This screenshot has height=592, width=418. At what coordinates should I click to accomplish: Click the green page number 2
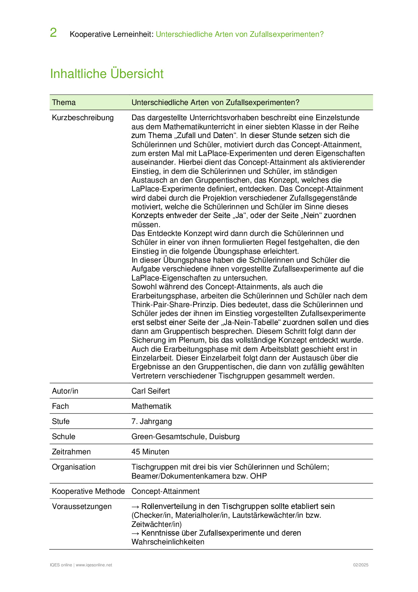coord(53,33)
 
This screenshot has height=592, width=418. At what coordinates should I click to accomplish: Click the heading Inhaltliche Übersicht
coord(107,74)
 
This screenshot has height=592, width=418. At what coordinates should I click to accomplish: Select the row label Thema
coord(64,103)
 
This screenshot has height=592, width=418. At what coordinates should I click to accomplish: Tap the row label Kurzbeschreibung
coord(83,118)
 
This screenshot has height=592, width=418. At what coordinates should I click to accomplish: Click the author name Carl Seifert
coord(151,391)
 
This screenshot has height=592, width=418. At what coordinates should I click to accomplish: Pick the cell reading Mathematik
coord(151,406)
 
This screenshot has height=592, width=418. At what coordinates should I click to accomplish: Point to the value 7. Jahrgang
coord(152,422)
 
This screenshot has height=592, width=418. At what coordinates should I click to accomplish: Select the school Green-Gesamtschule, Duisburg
coord(185,437)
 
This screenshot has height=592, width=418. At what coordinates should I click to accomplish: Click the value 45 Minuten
coord(150,452)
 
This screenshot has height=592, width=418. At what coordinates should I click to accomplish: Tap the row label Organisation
coord(73,467)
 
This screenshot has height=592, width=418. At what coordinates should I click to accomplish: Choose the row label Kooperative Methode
coord(88,491)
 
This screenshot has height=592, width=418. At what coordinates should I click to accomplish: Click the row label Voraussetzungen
coord(82,507)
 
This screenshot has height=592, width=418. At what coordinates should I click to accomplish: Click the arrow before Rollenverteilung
coord(136,507)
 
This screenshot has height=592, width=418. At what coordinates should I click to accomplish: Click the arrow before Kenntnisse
coord(136,533)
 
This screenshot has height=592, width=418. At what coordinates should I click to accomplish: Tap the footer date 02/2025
coord(361,565)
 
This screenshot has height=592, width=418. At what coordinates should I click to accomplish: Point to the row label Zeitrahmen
coord(71,452)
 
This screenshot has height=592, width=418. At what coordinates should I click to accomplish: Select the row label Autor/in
coord(65,391)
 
